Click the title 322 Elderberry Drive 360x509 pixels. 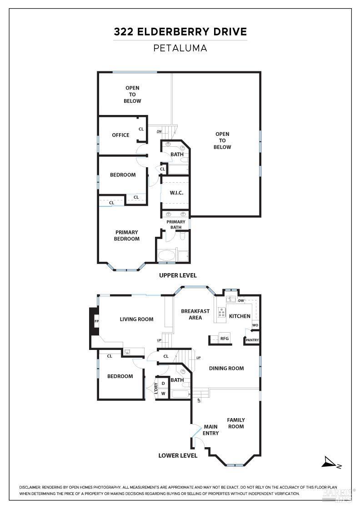180,32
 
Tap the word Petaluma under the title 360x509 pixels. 180,48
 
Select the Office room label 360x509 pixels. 120,135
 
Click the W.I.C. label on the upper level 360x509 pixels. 176,193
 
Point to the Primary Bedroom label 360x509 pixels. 127,235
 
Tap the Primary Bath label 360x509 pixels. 176,225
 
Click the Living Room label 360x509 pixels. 136,319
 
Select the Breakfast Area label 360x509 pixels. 195,314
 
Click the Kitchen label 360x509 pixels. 240,316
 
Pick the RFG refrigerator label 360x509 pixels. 224,339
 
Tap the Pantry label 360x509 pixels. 252,340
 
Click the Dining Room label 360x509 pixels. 226,368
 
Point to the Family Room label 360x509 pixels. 236,423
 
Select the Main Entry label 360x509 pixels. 211,430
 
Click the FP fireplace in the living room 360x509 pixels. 96,321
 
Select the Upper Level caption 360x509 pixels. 178,275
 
